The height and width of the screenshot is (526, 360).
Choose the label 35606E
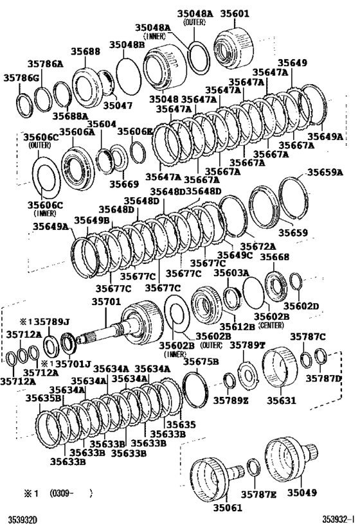tap(134, 131)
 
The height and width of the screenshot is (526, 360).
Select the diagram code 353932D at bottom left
tap(22, 518)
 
